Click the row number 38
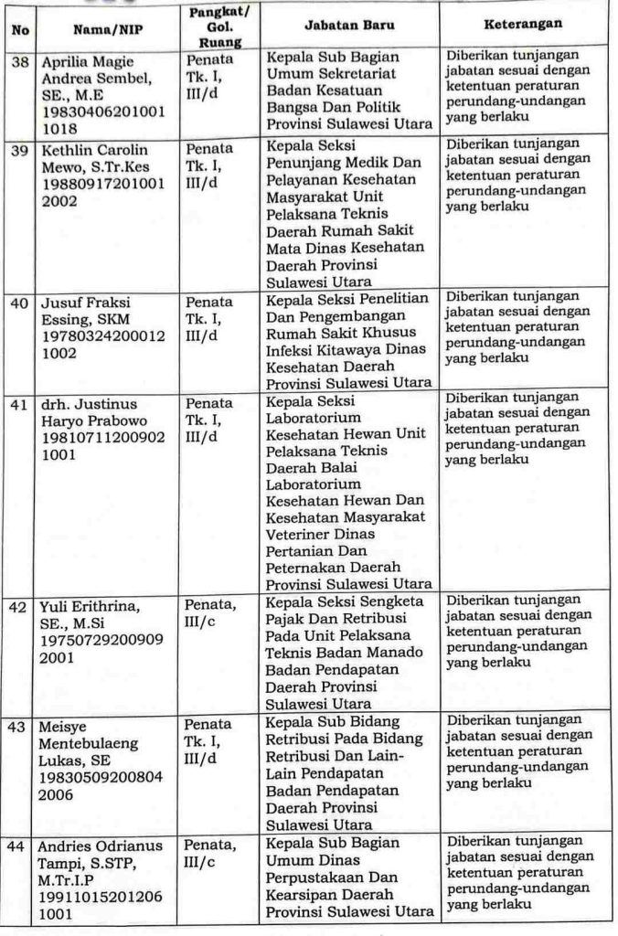click(x=19, y=59)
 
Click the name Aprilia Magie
click(x=87, y=61)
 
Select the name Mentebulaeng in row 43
click(x=91, y=742)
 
